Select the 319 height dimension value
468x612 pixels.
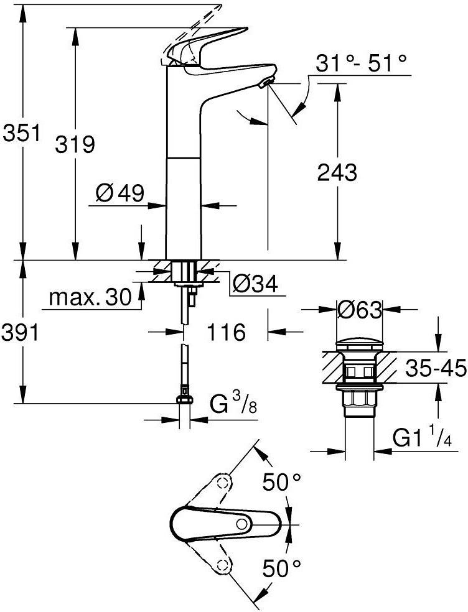click(75, 145)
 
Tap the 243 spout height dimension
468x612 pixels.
click(337, 172)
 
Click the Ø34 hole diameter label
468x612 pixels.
click(255, 284)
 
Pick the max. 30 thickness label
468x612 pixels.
click(90, 298)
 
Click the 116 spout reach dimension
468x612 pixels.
click(226, 332)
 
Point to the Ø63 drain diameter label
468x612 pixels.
click(358, 309)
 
